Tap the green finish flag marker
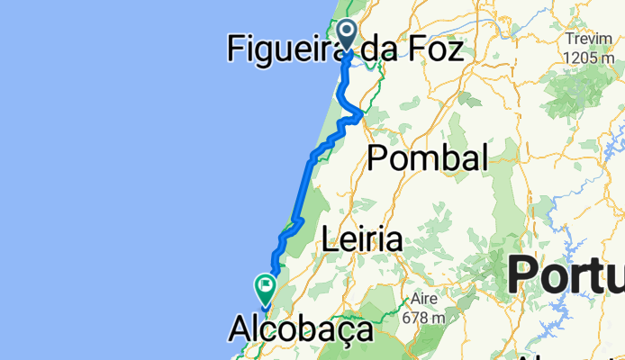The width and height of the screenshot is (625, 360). [x=266, y=289]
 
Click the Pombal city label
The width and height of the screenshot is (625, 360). [x=428, y=158]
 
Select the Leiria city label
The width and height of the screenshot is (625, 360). [x=362, y=240]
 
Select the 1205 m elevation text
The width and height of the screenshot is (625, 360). [x=590, y=57]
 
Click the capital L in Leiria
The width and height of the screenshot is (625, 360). [x=330, y=240]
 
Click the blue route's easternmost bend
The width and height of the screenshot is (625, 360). [x=361, y=113]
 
